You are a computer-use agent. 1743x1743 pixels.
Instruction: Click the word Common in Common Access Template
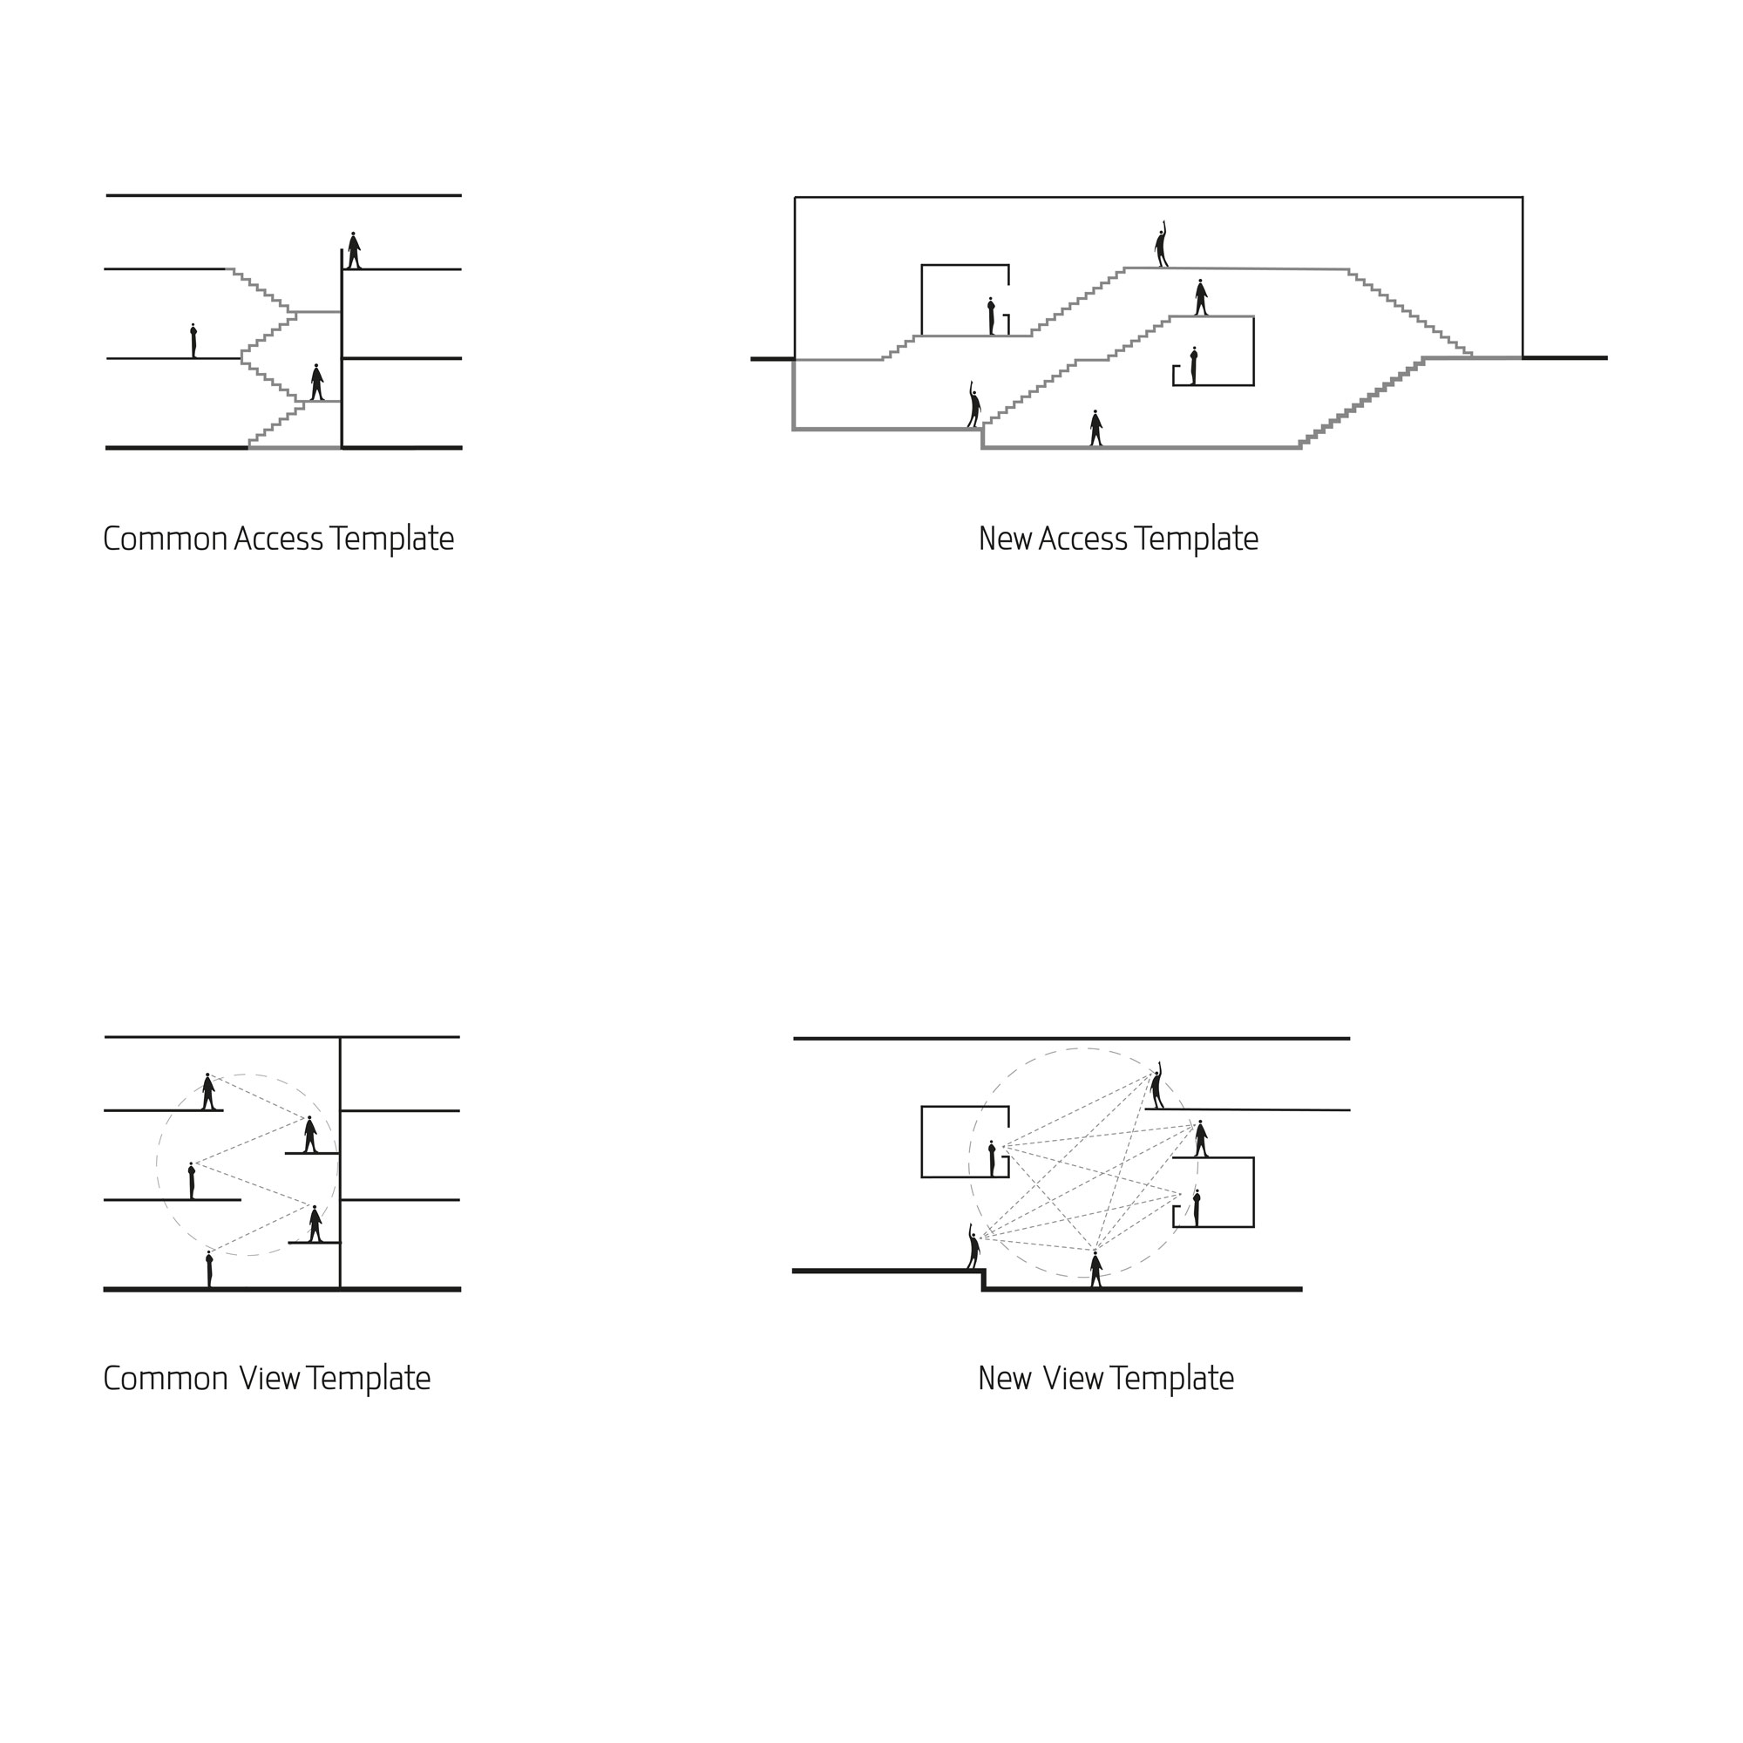(x=165, y=539)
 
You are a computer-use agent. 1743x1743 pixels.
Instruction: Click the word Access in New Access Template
(x=1082, y=539)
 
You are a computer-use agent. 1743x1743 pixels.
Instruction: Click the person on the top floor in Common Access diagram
(x=354, y=251)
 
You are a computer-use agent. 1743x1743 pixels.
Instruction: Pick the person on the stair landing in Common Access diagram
(x=316, y=383)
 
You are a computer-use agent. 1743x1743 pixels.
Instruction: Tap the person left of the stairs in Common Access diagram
(x=193, y=341)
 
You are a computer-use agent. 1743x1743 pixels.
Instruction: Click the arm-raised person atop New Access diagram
(x=1161, y=247)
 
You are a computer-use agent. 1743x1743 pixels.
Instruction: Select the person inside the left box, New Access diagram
(x=992, y=316)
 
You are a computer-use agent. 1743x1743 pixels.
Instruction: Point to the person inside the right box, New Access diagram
(x=1194, y=366)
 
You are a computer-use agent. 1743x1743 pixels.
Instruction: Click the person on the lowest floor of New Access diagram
(x=1095, y=429)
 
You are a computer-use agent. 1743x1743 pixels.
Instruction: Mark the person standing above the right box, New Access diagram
(x=1201, y=298)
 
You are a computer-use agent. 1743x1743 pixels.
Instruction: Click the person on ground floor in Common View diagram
(x=209, y=1270)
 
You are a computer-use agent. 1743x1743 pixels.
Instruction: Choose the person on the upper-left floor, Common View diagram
(x=208, y=1092)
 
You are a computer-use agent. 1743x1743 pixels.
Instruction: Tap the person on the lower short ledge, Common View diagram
(x=315, y=1224)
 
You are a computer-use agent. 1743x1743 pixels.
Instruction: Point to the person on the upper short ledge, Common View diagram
(x=310, y=1135)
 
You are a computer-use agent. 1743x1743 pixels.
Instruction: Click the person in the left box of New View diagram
(x=992, y=1158)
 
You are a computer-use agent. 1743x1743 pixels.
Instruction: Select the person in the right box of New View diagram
(x=1197, y=1208)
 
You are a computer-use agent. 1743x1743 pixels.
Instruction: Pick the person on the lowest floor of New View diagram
(x=1095, y=1270)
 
